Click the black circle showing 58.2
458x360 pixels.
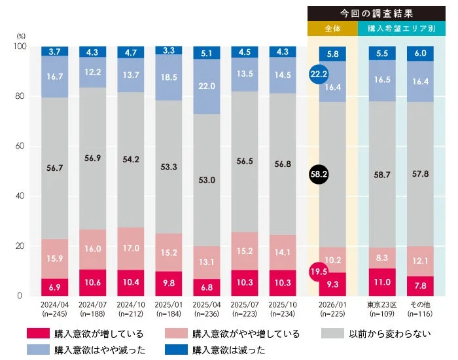point(319,174)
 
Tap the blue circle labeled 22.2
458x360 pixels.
point(319,75)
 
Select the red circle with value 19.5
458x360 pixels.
point(319,272)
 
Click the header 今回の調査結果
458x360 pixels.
point(372,13)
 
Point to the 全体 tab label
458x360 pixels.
point(332,29)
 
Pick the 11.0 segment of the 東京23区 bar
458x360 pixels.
point(382,282)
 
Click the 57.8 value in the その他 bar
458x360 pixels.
point(419,173)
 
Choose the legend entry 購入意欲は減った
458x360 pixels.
point(229,350)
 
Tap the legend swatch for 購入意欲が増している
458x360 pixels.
point(37,334)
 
